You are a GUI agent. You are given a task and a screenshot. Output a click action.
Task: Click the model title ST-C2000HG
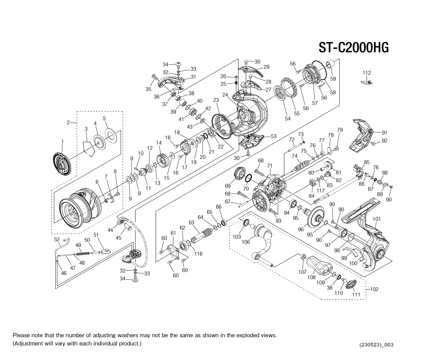[x=354, y=48]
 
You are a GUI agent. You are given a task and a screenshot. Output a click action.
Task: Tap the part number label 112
[x=367, y=73]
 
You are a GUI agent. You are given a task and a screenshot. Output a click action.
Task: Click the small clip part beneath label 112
[x=367, y=81]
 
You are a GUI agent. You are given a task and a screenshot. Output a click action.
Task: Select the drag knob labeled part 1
[x=62, y=164]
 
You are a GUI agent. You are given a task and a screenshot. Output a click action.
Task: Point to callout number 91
[x=384, y=133]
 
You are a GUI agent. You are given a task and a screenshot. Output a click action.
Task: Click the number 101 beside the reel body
[x=377, y=219]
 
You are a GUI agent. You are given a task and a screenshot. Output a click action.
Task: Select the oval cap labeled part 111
[x=351, y=284]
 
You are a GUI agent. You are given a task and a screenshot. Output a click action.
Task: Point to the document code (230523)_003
[x=376, y=345]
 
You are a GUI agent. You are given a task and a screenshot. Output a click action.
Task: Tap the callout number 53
[x=273, y=136]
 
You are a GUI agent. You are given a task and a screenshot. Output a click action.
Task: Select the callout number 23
[x=216, y=100]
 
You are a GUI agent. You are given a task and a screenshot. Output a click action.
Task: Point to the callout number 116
[x=198, y=254]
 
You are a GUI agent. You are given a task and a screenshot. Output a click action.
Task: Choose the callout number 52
[x=57, y=240]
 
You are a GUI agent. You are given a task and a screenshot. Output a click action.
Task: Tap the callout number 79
[x=340, y=130]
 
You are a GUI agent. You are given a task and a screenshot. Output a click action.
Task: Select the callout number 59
[x=333, y=79]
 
